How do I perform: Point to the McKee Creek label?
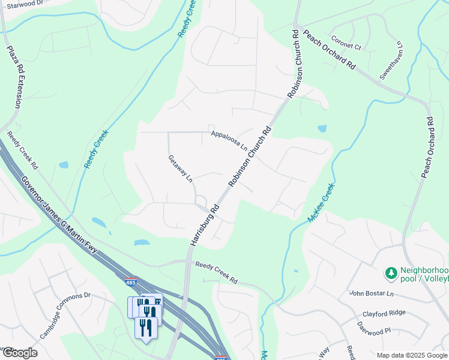coord(321,203)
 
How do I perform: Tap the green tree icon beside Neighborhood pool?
coord(391,274)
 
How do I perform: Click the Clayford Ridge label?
coord(384,313)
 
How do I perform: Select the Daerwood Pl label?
coord(374,330)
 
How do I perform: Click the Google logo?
coord(19,353)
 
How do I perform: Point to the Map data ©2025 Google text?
coord(411,355)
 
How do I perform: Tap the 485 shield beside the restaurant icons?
coord(131,281)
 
